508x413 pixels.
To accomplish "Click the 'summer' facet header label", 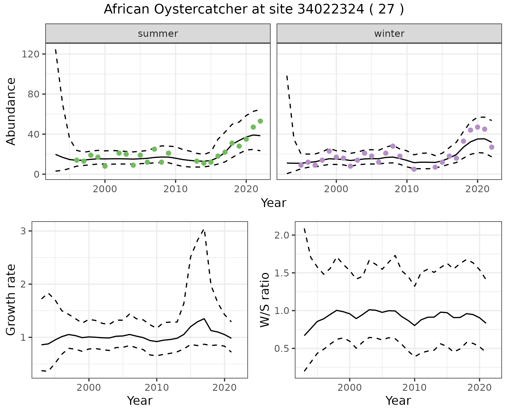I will click(158, 34).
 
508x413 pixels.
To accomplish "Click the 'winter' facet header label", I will click(389, 34).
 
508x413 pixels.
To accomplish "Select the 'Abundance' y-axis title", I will click(11, 111).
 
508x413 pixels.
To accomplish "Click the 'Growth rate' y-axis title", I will click(11, 300).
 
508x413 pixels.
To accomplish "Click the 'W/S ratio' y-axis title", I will click(265, 300).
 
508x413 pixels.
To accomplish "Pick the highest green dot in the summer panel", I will click(260, 121).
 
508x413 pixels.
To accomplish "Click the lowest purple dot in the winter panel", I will click(414, 169).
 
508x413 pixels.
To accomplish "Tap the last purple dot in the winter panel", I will click(492, 147).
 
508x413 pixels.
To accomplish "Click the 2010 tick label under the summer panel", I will click(175, 189).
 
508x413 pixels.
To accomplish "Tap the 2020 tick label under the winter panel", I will click(477, 189).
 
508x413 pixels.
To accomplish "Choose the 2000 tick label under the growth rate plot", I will click(89, 388).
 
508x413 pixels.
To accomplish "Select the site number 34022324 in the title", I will click(331, 10).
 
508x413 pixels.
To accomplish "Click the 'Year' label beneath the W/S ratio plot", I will click(398, 401).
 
